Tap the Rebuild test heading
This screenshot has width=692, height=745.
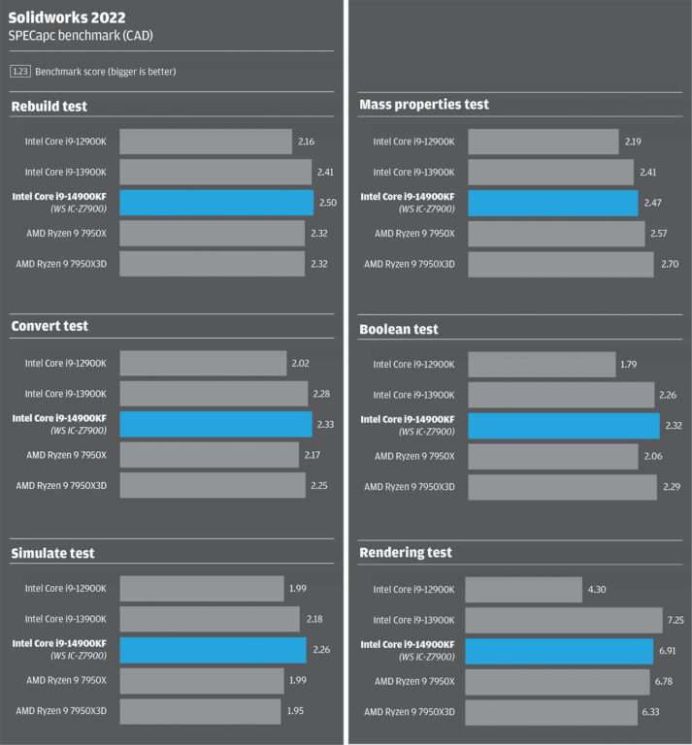click(49, 107)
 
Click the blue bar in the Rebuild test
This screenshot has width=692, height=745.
click(216, 202)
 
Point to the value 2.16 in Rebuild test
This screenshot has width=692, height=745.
click(306, 142)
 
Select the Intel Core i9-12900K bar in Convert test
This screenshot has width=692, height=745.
click(203, 365)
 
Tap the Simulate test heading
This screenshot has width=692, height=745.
click(53, 553)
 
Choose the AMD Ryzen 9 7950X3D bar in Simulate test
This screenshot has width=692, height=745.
click(201, 711)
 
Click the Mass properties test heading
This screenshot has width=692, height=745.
click(424, 105)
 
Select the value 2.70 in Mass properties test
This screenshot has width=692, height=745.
click(669, 264)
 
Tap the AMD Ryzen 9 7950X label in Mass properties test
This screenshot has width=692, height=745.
click(414, 234)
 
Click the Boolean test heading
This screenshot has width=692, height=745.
click(399, 330)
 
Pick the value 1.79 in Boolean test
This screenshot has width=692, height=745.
click(632, 365)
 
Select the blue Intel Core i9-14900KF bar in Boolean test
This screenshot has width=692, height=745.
click(564, 425)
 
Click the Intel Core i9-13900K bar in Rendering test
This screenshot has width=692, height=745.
click(564, 620)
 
